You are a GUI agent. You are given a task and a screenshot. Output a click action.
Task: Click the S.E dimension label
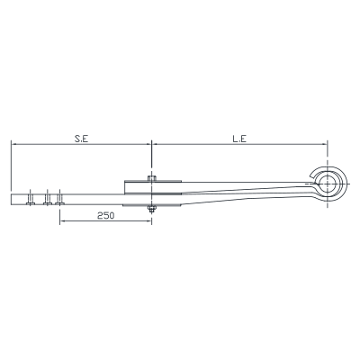[81, 139]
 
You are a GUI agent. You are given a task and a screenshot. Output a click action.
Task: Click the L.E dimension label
[239, 139]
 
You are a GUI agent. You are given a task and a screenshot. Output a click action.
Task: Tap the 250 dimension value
[105, 215]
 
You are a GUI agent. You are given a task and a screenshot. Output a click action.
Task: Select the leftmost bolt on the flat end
[30, 198]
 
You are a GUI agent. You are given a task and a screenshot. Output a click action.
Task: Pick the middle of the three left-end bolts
[48, 198]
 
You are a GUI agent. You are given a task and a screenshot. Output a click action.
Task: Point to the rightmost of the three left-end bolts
[59, 198]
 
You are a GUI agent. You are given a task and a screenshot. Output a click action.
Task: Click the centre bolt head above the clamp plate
[152, 178]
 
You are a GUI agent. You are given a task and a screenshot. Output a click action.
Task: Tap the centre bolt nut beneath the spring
[152, 209]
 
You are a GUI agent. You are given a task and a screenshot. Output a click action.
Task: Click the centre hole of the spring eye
[328, 183]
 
